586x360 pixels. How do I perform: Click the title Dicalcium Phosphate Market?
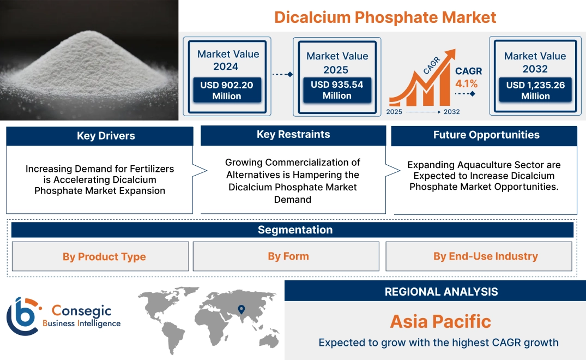tap(385, 17)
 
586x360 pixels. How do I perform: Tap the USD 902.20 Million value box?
tap(226, 90)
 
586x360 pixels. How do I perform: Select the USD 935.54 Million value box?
tap(337, 90)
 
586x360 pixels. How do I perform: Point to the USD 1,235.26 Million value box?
tap(535, 90)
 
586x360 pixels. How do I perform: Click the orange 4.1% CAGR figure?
tap(467, 83)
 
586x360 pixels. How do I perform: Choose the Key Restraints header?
tap(293, 135)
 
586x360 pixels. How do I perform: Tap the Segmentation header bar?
tap(295, 230)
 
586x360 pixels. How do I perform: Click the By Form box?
tap(288, 256)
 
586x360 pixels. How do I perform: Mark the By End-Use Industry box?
tap(485, 256)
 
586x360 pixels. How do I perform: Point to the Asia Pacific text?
tap(440, 321)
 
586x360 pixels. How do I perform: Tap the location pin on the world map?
tap(241, 311)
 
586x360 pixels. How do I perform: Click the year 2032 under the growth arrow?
tap(451, 112)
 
